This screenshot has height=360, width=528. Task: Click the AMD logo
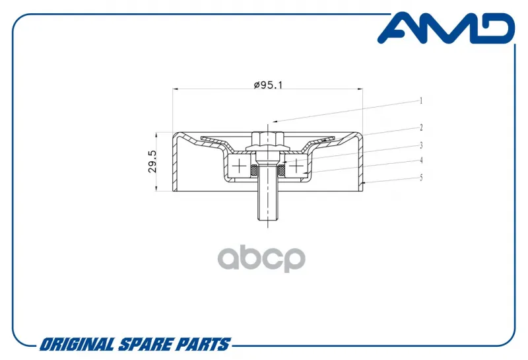coord(445,28)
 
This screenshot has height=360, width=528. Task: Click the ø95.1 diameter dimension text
coord(268,85)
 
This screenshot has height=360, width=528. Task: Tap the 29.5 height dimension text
coord(152,161)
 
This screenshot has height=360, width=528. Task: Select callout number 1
coord(420,101)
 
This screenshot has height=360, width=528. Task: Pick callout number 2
coord(421,127)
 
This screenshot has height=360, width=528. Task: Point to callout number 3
coord(421,145)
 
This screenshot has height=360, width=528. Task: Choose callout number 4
coord(421,161)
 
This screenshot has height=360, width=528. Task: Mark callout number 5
coord(421,178)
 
